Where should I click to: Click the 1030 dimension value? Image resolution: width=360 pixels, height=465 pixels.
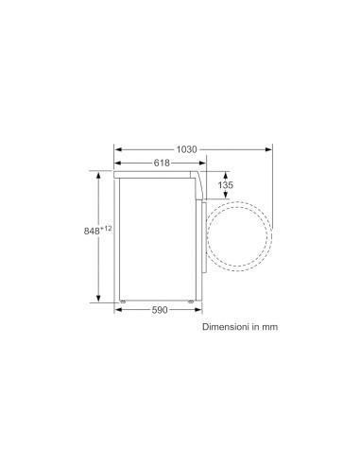click(187, 149)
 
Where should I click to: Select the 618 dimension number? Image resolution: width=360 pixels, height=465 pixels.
click(163, 164)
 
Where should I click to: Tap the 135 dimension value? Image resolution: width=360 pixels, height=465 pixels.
click(225, 185)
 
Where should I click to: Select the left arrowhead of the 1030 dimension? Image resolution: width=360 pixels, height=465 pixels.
click(117, 149)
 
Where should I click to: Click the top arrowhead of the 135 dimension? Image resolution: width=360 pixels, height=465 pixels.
click(226, 173)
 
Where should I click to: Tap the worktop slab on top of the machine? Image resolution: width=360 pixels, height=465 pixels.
click(156, 174)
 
